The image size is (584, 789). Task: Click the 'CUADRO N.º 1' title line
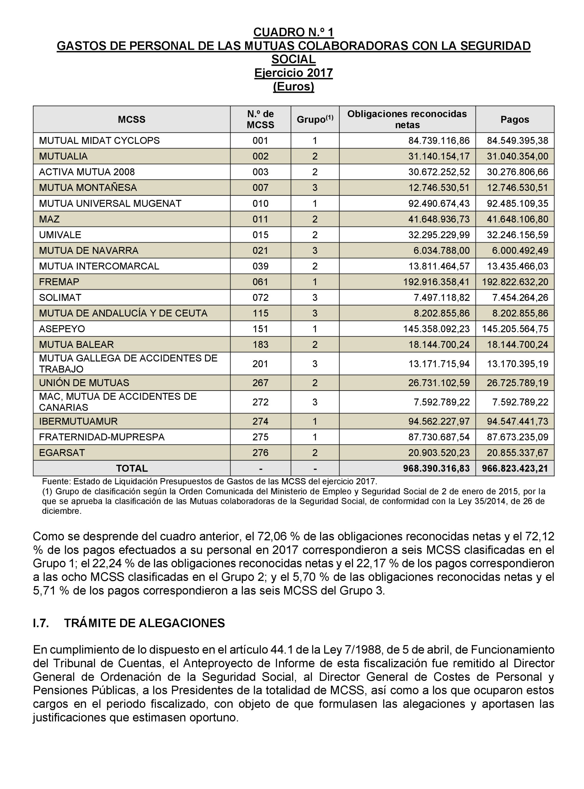click(293, 32)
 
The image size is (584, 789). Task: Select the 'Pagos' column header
click(514, 120)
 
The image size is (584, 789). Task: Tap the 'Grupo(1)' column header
click(315, 120)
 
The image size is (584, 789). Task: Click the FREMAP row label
click(59, 282)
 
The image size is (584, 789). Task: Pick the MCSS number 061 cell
click(260, 282)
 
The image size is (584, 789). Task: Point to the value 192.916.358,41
click(436, 282)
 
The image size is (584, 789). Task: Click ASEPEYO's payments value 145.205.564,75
click(515, 329)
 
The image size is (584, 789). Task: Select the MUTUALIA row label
click(63, 156)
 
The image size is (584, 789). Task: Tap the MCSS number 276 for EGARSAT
click(260, 453)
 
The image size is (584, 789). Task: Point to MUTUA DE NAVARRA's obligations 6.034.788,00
click(441, 250)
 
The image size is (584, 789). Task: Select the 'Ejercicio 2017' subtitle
click(293, 73)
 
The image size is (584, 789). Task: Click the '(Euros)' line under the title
click(293, 86)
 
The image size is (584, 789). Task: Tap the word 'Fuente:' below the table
click(56, 481)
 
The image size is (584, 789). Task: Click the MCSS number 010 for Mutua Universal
click(260, 203)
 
